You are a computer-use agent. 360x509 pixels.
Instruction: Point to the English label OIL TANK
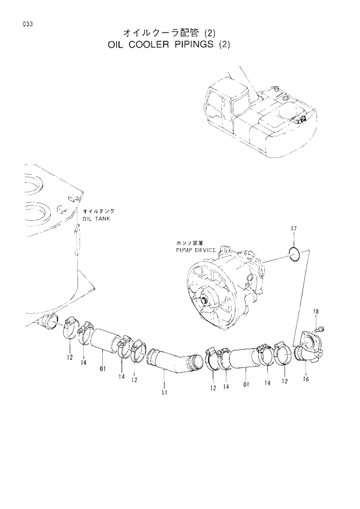pos(96,219)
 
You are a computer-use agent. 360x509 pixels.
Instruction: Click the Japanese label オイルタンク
pos(98,212)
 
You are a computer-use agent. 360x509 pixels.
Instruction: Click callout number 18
pos(316,313)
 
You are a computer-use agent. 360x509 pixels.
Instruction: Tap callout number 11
pos(164,393)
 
